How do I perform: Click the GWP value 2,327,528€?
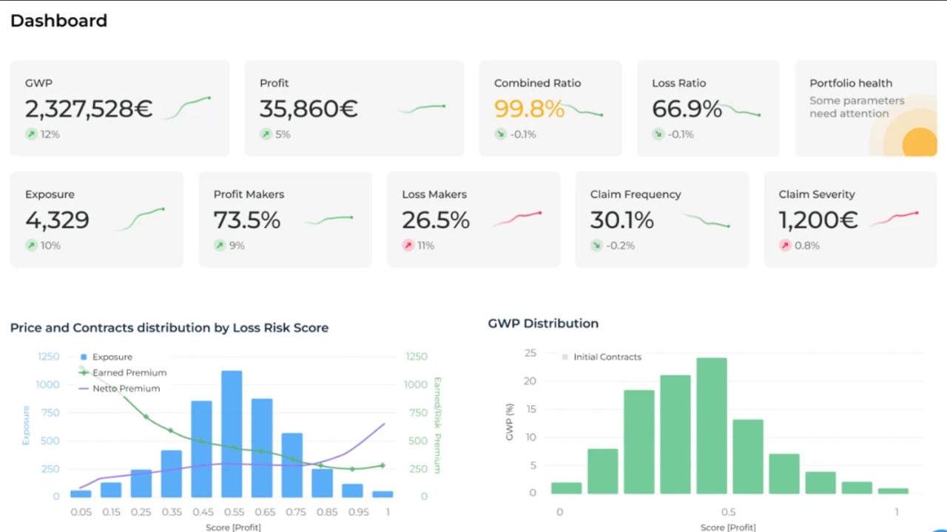(x=89, y=109)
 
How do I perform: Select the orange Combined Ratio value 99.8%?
(x=529, y=109)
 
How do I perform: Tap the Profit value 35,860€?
(x=309, y=109)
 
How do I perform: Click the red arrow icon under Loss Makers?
(x=408, y=245)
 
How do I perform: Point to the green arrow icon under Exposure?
(x=31, y=245)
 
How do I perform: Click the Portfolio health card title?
(x=851, y=83)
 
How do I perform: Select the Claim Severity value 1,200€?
(x=818, y=220)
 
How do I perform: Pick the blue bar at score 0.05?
(x=81, y=494)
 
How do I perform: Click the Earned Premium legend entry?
(x=129, y=373)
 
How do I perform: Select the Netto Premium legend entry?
(x=126, y=389)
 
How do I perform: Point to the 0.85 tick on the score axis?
(x=322, y=511)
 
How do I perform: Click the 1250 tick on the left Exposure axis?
(x=48, y=357)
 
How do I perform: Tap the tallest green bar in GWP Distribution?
(x=711, y=426)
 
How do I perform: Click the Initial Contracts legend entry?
(x=607, y=357)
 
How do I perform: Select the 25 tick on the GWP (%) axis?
(x=530, y=353)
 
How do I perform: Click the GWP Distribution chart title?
(x=543, y=324)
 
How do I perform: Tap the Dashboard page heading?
(x=58, y=21)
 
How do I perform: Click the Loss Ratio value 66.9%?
(x=687, y=109)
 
